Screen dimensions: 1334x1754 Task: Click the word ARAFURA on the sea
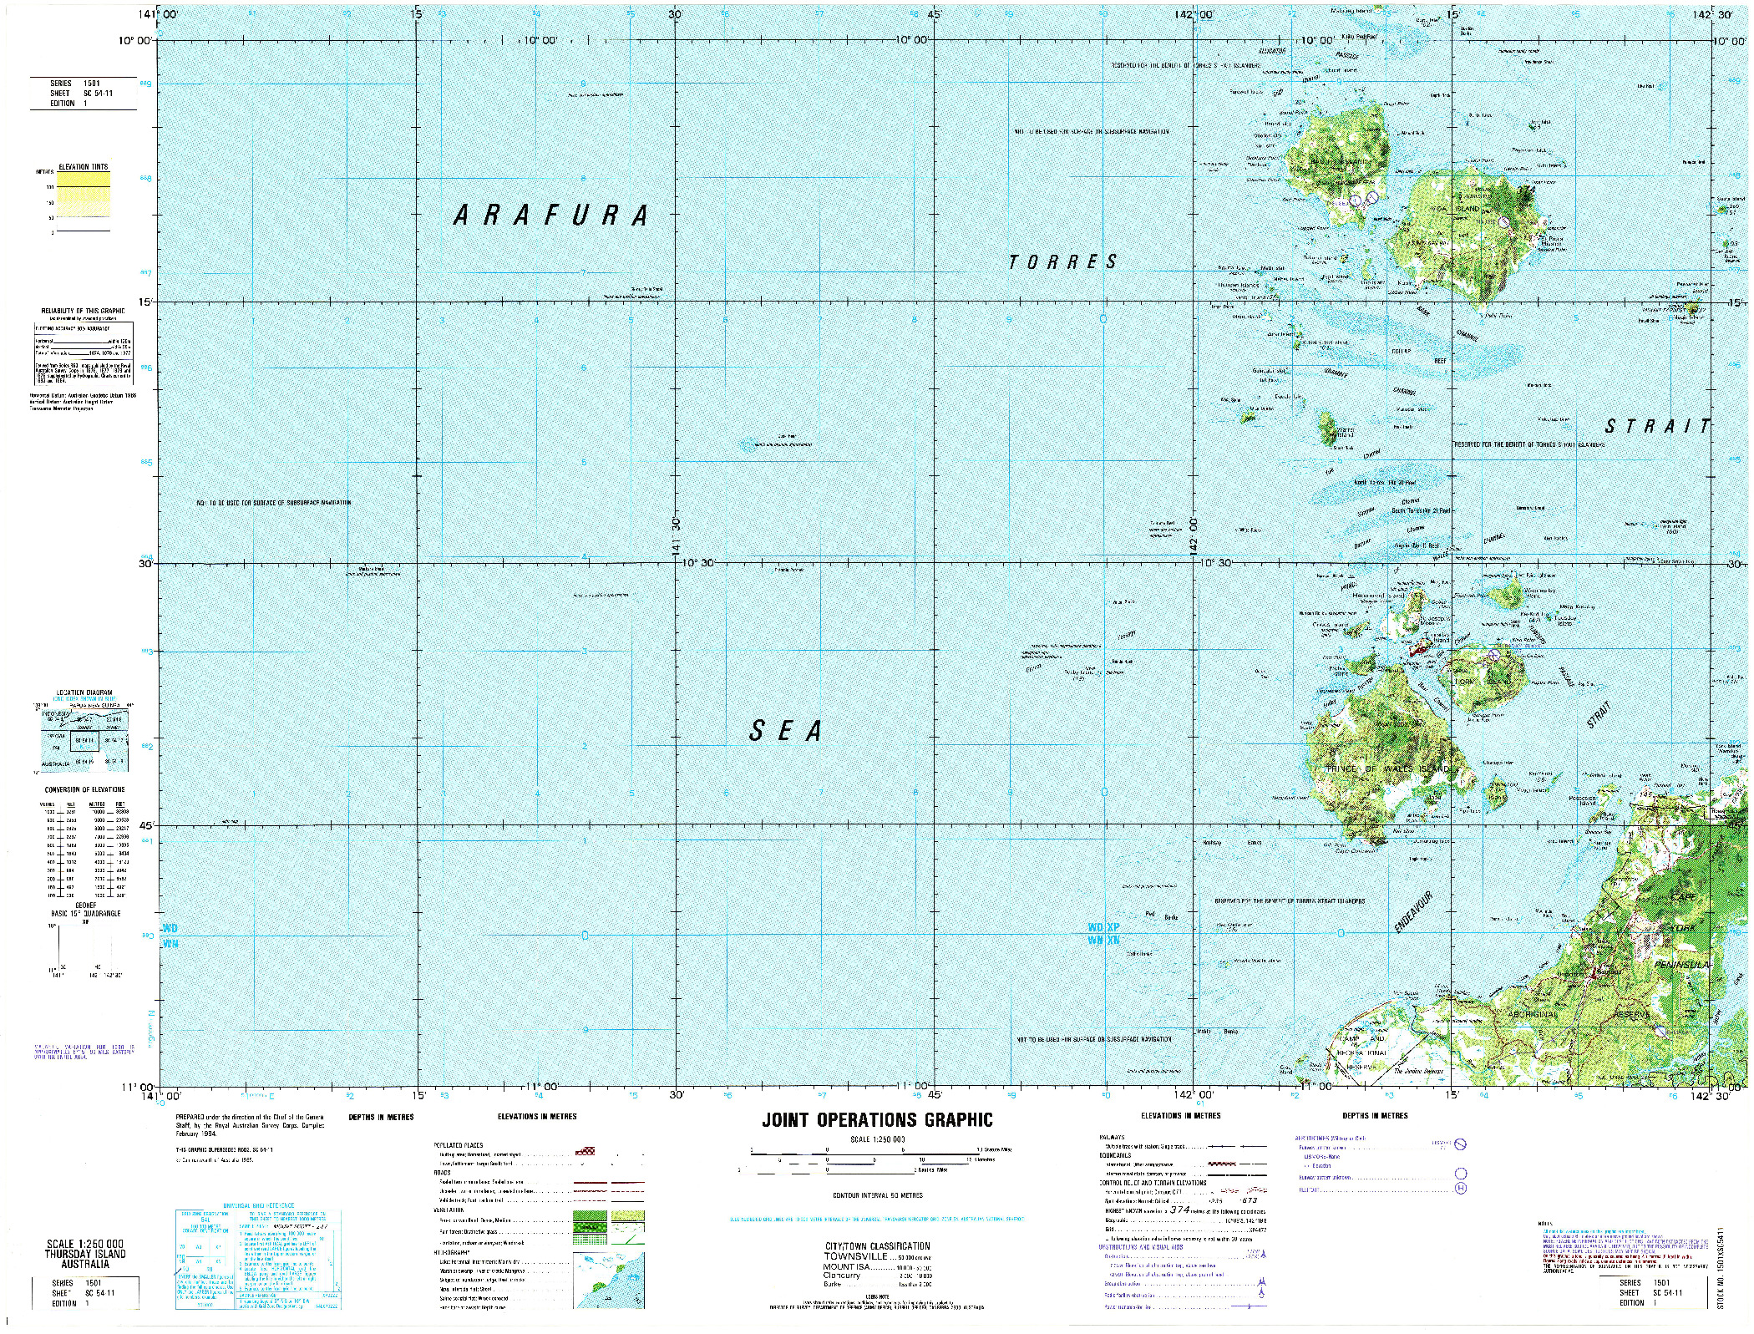click(x=551, y=216)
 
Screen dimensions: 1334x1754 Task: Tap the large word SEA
click(x=786, y=731)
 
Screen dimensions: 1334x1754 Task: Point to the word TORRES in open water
click(x=1062, y=262)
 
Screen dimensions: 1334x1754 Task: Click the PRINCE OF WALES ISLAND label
click(x=1387, y=768)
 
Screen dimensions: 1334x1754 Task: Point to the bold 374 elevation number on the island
click(x=1526, y=190)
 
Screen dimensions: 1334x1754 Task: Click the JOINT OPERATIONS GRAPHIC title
click(x=877, y=1120)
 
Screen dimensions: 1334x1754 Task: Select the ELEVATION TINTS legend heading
click(x=84, y=167)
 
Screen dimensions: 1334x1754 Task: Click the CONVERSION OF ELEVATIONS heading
click(x=84, y=789)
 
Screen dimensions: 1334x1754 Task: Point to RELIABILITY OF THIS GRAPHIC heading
click(x=83, y=311)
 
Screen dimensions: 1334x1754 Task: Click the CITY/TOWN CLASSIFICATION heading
click(x=877, y=1245)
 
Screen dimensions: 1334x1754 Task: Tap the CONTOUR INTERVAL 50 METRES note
click(x=877, y=1195)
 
